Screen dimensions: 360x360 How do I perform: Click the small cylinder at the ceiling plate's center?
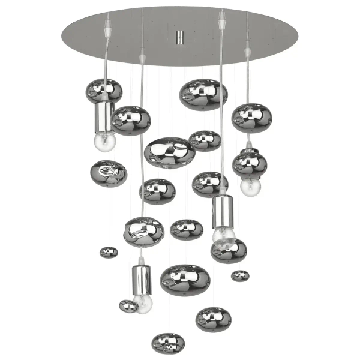point(179,38)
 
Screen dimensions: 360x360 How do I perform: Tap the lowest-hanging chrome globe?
point(168,343)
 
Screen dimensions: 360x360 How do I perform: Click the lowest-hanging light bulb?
point(143,303)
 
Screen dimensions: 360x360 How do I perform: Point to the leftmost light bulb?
point(104,142)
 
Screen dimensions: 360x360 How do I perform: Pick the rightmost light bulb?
point(250,187)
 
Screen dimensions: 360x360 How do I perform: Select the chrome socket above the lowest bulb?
point(142,279)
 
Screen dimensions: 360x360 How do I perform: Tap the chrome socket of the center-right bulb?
point(222,211)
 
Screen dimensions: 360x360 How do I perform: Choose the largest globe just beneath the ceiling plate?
point(203,94)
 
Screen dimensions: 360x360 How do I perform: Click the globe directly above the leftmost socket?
point(104,91)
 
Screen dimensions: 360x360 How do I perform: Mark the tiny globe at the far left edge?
point(109,252)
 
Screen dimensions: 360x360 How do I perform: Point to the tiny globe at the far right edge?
point(240,275)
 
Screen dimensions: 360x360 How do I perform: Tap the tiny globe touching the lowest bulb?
point(128,307)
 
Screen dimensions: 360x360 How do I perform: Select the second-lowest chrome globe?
point(214,319)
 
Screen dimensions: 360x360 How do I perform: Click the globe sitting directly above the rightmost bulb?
point(250,164)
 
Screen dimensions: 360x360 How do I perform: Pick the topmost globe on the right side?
point(252,117)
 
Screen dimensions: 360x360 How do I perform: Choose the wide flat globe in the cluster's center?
point(170,152)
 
